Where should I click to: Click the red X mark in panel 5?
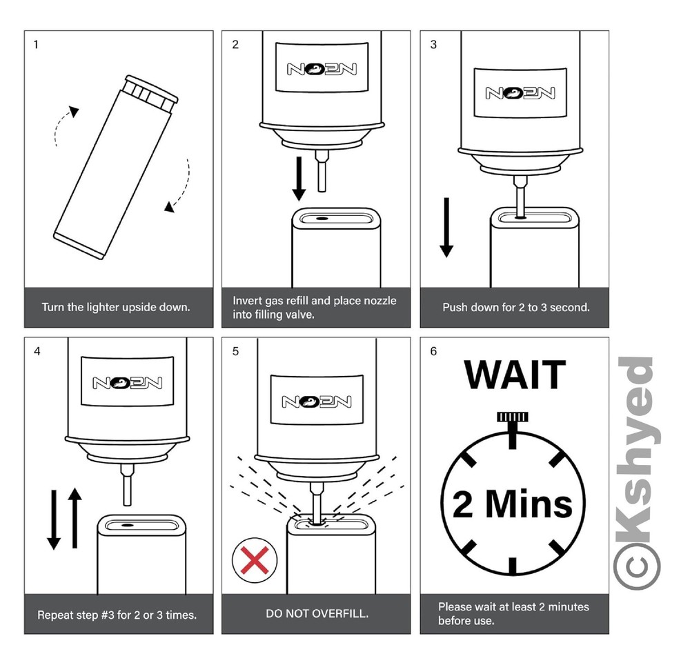pyautogui.click(x=255, y=560)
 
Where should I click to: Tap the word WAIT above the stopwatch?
pyautogui.click(x=515, y=375)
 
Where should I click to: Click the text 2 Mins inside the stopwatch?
pyautogui.click(x=513, y=504)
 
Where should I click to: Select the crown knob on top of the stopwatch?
pyautogui.click(x=512, y=417)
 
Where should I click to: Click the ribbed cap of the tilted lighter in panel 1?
pyautogui.click(x=151, y=93)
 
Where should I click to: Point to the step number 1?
pyautogui.click(x=36, y=44)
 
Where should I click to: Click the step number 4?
pyautogui.click(x=37, y=351)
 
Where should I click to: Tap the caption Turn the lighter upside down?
pyautogui.click(x=116, y=307)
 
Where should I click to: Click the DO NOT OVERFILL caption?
pyautogui.click(x=317, y=613)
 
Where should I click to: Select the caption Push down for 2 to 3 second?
pyautogui.click(x=515, y=307)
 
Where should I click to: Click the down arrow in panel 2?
pyautogui.click(x=299, y=179)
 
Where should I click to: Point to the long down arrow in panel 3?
pyautogui.click(x=446, y=228)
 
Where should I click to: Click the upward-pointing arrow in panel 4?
pyautogui.click(x=75, y=518)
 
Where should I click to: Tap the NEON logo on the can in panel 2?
pyautogui.click(x=322, y=69)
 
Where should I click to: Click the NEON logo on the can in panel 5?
pyautogui.click(x=317, y=401)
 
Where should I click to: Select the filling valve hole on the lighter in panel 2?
pyautogui.click(x=322, y=218)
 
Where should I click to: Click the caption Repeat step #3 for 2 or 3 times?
pyautogui.click(x=117, y=615)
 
